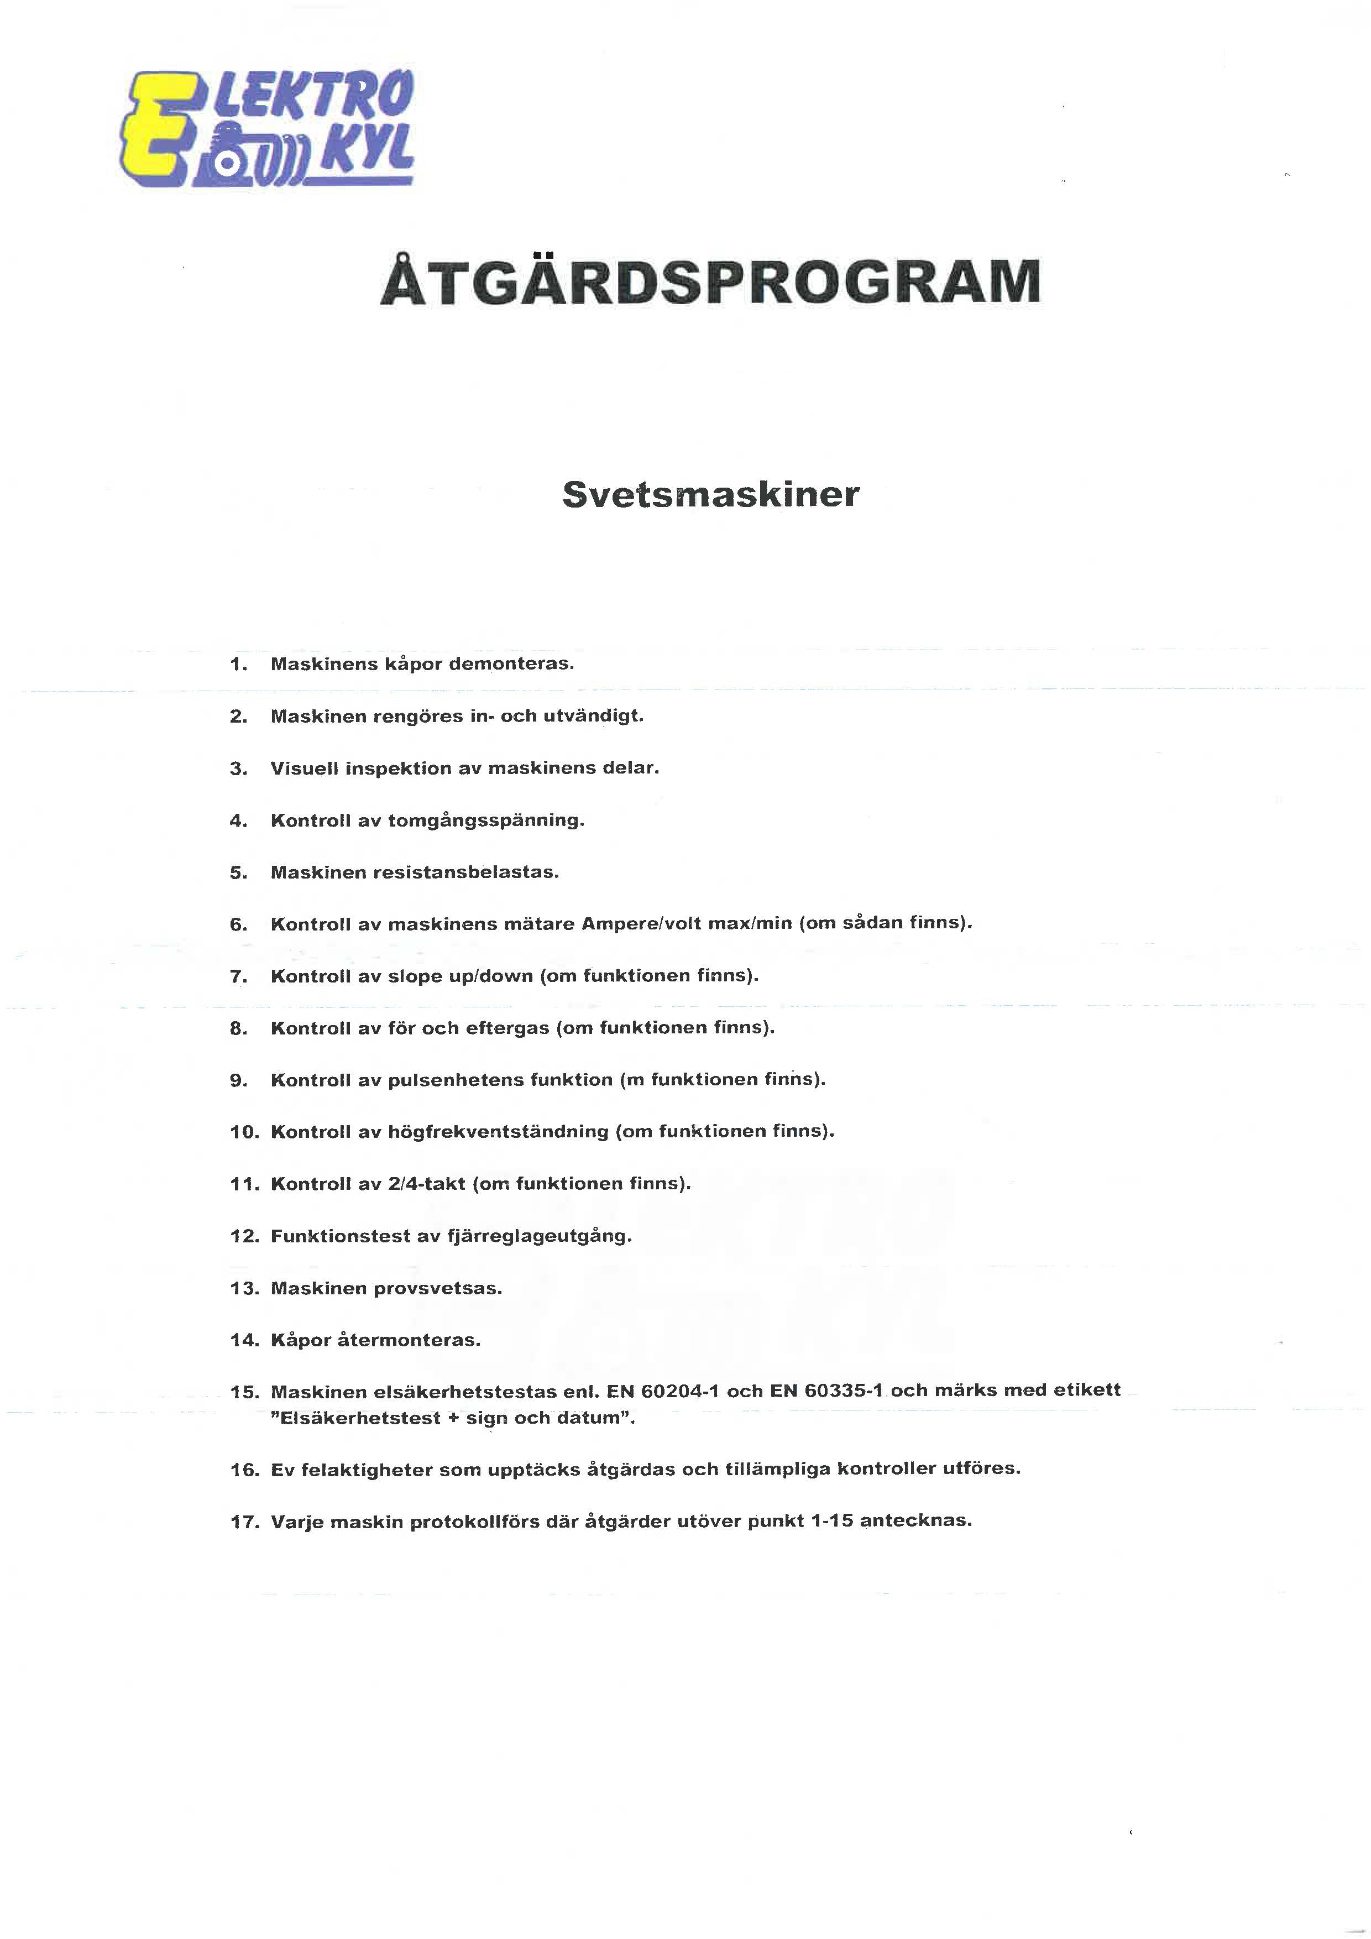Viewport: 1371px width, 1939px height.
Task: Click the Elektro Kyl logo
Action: click(x=268, y=128)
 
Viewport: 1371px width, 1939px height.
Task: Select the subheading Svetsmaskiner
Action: click(x=711, y=494)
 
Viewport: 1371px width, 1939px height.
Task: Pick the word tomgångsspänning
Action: click(x=485, y=821)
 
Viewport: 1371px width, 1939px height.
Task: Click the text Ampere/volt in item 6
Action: click(x=640, y=924)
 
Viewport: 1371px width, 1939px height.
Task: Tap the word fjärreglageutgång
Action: click(x=540, y=1236)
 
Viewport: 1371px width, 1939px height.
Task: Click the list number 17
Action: click(x=243, y=1523)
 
